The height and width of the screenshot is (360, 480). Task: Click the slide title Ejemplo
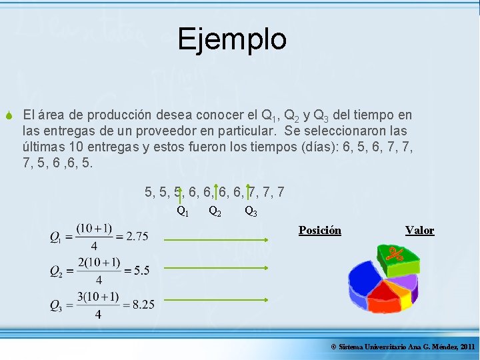pyautogui.click(x=232, y=39)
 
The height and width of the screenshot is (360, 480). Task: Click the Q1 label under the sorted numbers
pyautogui.click(x=182, y=212)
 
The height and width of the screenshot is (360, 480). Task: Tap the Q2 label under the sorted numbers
pyautogui.click(x=215, y=212)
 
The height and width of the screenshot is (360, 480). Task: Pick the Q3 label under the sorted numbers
pyautogui.click(x=251, y=212)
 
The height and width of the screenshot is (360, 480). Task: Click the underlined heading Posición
pyautogui.click(x=319, y=231)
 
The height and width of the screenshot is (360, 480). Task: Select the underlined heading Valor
pyautogui.click(x=419, y=231)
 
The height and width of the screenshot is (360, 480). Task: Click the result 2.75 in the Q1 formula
pyautogui.click(x=137, y=236)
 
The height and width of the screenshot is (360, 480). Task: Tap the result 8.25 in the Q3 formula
pyautogui.click(x=143, y=305)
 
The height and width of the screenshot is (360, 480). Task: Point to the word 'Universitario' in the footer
pyautogui.click(x=387, y=347)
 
